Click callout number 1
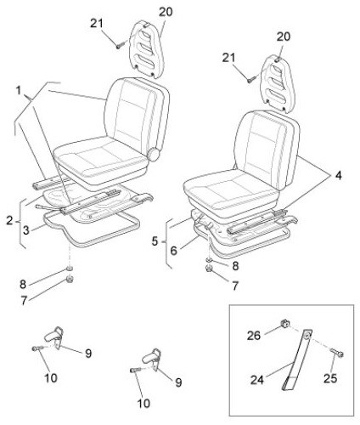click(x=19, y=91)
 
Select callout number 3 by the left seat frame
click(x=26, y=230)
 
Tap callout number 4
click(x=339, y=176)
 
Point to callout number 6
click(x=173, y=251)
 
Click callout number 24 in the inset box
click(x=257, y=380)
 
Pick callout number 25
click(x=330, y=378)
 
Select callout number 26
click(x=254, y=336)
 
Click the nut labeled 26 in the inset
click(x=285, y=323)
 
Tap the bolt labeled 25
click(x=337, y=353)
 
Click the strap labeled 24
click(x=297, y=360)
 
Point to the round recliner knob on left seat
click(x=155, y=154)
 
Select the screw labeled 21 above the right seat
click(x=252, y=78)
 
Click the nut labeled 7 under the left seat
click(x=70, y=279)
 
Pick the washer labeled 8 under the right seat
click(x=209, y=260)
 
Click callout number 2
click(x=9, y=220)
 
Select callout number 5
click(x=155, y=241)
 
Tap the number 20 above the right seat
click(x=284, y=37)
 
